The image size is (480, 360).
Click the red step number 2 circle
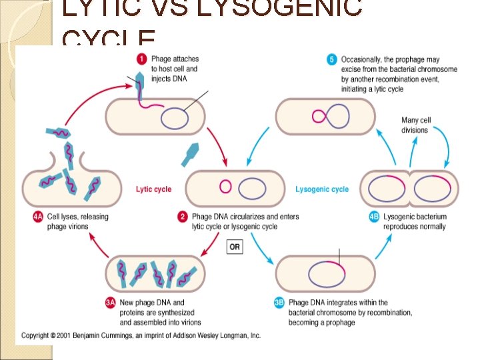182,217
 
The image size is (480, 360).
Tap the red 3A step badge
111,302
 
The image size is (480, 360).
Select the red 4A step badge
38,217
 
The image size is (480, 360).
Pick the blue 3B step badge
280,302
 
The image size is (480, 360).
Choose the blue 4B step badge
374,217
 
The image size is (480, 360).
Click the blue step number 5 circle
331,59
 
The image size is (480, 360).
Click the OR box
235,247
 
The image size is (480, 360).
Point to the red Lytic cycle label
153,189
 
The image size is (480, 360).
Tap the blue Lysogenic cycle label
322,189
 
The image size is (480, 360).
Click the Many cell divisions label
416,125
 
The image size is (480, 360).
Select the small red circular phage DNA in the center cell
225,187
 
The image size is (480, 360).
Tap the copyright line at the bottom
141,335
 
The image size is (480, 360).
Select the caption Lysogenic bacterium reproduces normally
415,221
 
